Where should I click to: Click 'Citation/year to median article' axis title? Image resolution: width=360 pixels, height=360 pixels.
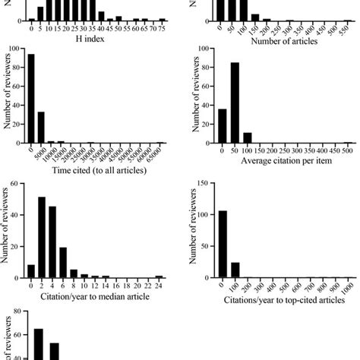[95, 295]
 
